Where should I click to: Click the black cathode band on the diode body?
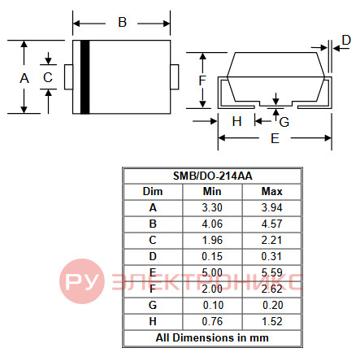point(85,77)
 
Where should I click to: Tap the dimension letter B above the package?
point(123,22)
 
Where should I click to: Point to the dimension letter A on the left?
point(24,78)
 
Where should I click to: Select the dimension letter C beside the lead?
point(48,77)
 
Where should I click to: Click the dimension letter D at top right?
point(346,40)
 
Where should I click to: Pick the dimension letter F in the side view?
point(202,80)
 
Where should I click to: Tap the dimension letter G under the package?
point(284,122)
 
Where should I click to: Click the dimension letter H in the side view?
point(236,121)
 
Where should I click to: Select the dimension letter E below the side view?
point(275,138)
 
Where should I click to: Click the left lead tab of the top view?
point(68,77)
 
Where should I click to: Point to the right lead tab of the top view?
point(175,77)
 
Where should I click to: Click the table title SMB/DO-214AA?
point(213,176)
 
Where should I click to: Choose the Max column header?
point(271,192)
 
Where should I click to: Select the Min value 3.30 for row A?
point(212,208)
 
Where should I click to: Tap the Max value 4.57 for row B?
point(271,224)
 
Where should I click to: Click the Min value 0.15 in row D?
point(212,257)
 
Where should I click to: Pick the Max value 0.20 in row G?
point(273,306)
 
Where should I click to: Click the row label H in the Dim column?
point(153,322)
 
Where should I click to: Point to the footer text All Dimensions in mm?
point(212,338)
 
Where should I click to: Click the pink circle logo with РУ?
point(82,281)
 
